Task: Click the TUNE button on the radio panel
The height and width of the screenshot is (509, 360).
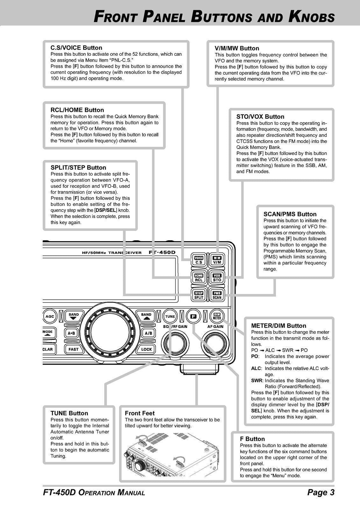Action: (x=170, y=316)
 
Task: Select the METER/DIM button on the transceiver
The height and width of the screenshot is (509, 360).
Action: (x=217, y=316)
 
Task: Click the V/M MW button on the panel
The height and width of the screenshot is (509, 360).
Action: (x=217, y=260)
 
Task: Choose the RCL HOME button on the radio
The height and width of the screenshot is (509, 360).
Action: (x=199, y=278)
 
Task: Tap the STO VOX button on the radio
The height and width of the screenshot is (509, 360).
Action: (x=217, y=278)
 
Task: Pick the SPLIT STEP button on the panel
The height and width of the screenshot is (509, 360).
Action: (x=199, y=295)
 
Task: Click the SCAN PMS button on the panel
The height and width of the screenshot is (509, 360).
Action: (x=217, y=295)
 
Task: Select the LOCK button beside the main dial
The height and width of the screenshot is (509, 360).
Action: (x=146, y=349)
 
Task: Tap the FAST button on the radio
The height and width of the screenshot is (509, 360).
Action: (x=73, y=349)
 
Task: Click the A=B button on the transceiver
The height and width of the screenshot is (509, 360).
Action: (x=71, y=333)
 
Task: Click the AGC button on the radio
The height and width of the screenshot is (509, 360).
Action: (x=50, y=316)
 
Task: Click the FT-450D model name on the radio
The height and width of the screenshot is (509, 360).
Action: (x=162, y=253)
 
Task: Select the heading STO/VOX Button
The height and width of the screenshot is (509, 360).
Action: (x=260, y=117)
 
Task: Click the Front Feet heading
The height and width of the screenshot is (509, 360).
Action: (x=139, y=413)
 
